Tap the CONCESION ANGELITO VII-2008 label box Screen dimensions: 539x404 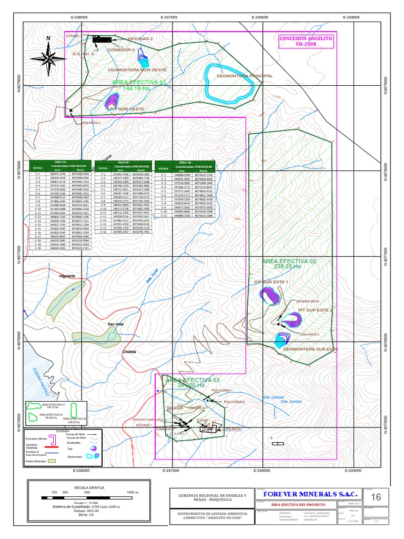(306, 42)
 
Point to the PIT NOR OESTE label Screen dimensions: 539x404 (127, 109)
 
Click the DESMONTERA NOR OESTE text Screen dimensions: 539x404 (137, 69)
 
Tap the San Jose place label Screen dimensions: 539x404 (115, 324)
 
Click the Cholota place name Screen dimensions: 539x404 (129, 352)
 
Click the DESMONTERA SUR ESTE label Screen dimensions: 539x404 (310, 349)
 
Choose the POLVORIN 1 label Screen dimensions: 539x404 (221, 391)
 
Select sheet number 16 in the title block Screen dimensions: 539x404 (376, 497)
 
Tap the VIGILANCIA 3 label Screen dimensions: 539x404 (89, 122)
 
